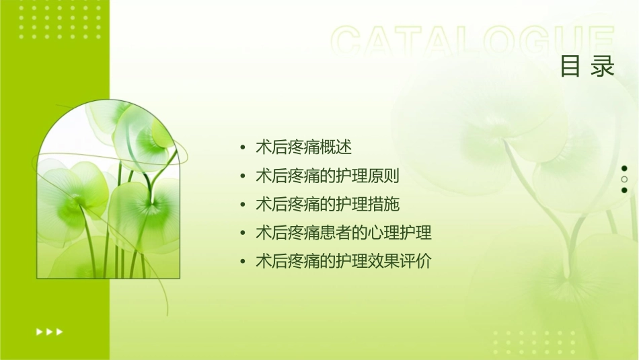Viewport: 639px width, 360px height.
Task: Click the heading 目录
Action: click(587, 67)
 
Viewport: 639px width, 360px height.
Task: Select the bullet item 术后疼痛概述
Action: click(303, 147)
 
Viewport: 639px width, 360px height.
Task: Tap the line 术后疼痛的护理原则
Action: click(328, 176)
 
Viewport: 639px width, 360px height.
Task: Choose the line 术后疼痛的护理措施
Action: click(328, 204)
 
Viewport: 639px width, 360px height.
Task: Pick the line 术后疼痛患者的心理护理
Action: click(344, 233)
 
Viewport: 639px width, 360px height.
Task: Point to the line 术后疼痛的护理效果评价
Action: click(344, 261)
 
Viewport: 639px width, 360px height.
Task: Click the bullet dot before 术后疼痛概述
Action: click(243, 147)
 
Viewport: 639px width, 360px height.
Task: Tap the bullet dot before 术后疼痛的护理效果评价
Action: click(243, 262)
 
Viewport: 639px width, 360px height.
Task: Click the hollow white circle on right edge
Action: click(624, 180)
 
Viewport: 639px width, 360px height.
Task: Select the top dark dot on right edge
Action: click(624, 168)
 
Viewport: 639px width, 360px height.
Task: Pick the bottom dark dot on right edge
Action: click(624, 190)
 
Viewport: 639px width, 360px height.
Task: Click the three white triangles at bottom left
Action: click(49, 331)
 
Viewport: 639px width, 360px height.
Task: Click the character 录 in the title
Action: click(603, 67)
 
